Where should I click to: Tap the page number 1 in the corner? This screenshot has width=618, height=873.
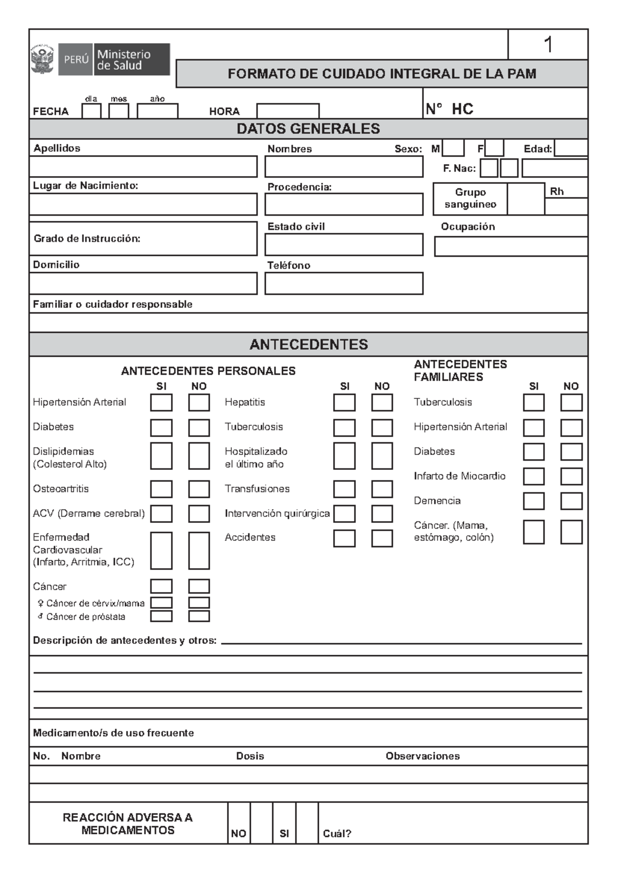click(x=548, y=45)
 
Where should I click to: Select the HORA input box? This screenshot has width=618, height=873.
click(x=287, y=111)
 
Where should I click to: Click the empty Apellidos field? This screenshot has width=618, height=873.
click(x=143, y=167)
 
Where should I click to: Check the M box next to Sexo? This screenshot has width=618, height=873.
click(x=453, y=148)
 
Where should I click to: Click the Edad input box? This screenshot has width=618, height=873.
click(x=571, y=148)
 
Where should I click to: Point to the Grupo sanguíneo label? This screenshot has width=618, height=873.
click(x=470, y=198)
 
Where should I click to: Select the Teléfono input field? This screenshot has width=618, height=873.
click(x=344, y=284)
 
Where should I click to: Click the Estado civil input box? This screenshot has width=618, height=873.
click(x=344, y=245)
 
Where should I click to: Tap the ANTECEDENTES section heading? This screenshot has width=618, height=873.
click(x=308, y=344)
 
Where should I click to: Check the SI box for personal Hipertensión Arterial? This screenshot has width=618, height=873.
click(x=161, y=403)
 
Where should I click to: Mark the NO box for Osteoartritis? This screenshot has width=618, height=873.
click(x=199, y=489)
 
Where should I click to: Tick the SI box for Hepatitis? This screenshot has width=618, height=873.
click(x=344, y=403)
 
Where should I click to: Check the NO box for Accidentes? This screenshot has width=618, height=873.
click(x=382, y=538)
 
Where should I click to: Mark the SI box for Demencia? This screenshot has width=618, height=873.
click(x=534, y=501)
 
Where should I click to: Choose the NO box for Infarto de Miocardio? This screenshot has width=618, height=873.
click(x=571, y=476)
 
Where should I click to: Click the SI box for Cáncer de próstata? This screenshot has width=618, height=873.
click(x=161, y=616)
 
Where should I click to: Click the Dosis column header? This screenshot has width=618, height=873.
click(x=250, y=756)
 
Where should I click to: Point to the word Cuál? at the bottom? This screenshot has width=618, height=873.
click(x=337, y=834)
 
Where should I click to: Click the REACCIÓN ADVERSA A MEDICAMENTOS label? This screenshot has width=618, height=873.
click(x=128, y=824)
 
